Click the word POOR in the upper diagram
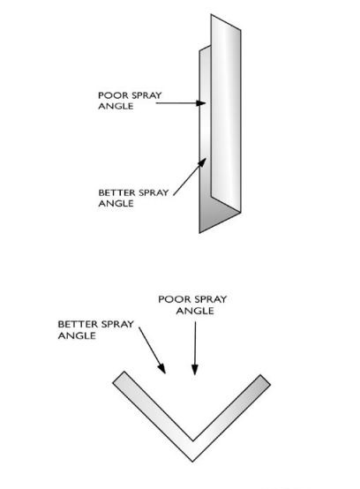click(x=109, y=95)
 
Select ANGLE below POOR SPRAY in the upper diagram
click(x=116, y=106)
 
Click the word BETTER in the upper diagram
click(x=116, y=192)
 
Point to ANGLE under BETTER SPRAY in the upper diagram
click(x=116, y=203)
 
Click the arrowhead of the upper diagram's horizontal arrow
click(x=201, y=103)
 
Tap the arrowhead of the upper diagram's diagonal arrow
click(x=202, y=162)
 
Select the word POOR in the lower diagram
click(x=170, y=299)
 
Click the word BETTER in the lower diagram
click(x=78, y=324)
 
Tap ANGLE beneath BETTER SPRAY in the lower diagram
click(x=77, y=335)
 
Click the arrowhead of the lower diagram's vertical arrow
click(x=195, y=369)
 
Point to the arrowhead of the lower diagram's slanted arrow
click(x=161, y=368)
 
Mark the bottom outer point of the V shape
click(x=193, y=462)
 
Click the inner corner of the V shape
click(x=193, y=440)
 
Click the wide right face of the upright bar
click(x=226, y=112)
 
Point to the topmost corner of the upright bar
click(x=211, y=14)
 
